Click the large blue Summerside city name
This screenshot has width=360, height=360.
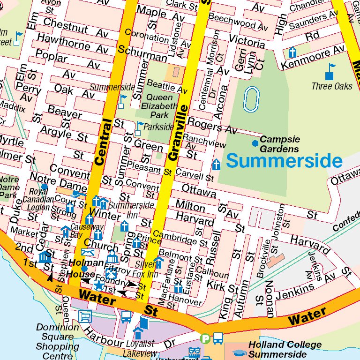pos(284,161)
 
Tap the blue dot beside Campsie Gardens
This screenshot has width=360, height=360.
pos(255,142)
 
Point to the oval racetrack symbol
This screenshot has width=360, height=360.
pos(251,99)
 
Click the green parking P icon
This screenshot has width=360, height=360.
pos(205,338)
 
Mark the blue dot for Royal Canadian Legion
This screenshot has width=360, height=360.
pos(44,187)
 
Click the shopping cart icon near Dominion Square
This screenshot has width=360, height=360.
pos(85,317)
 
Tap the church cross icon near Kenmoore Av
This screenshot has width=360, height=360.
pos(292,52)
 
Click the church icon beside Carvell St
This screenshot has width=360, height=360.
pos(216,165)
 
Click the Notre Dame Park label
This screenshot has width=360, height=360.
pos(8,187)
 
